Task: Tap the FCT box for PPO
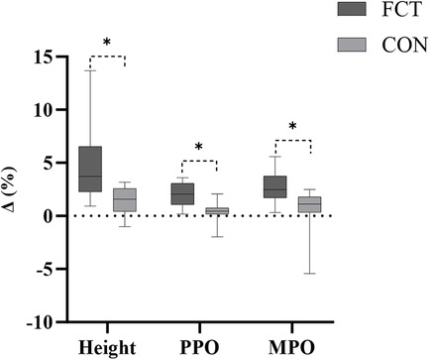pyautogui.click(x=182, y=193)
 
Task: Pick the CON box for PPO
pyautogui.click(x=216, y=210)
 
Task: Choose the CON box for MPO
pyautogui.click(x=309, y=204)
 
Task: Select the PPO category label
pyautogui.click(x=199, y=346)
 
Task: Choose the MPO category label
pyautogui.click(x=291, y=346)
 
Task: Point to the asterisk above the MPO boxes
pyautogui.click(x=293, y=128)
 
